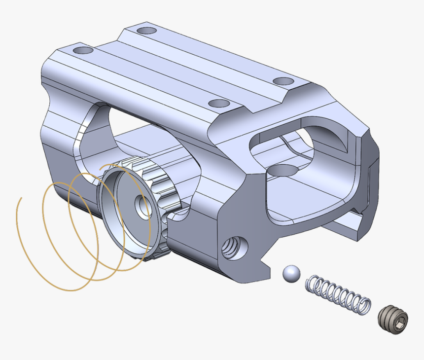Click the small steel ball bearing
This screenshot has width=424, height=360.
pos(291,274)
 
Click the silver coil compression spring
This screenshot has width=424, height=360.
pos(338,294)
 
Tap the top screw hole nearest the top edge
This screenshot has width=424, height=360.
pos(147,31)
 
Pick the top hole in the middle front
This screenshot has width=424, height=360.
pos(219,104)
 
